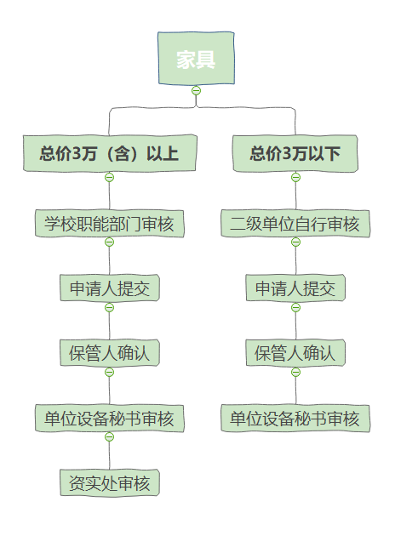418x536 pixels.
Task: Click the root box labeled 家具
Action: click(196, 58)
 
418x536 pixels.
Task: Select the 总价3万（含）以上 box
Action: click(110, 153)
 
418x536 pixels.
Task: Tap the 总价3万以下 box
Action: click(295, 153)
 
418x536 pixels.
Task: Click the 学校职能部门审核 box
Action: click(110, 224)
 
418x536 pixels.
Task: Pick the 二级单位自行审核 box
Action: click(295, 224)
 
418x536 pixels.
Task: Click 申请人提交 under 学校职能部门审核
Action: click(110, 288)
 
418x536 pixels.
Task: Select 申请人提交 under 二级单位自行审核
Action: click(295, 288)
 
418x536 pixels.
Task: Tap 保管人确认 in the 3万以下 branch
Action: click(295, 353)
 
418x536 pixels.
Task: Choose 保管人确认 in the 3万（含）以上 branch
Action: click(110, 353)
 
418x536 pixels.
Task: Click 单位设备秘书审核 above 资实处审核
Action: click(110, 419)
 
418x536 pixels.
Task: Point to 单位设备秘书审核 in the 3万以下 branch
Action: click(295, 419)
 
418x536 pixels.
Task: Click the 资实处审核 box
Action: click(110, 483)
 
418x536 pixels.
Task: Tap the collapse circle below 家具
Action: click(196, 90)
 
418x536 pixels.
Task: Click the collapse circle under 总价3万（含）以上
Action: click(110, 178)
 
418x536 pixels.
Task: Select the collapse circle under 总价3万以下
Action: click(296, 178)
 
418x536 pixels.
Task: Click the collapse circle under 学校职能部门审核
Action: click(110, 242)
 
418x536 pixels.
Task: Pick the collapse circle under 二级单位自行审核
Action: click(296, 242)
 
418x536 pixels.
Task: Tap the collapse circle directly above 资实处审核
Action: click(110, 436)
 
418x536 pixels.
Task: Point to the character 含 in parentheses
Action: click(122, 153)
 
